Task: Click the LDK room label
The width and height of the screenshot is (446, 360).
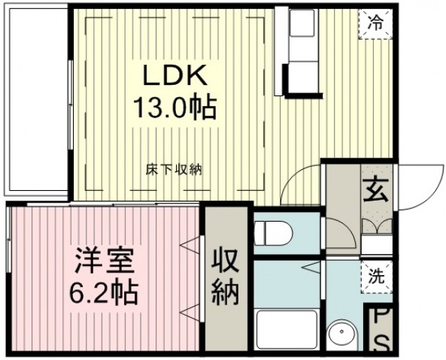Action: [x=175, y=75]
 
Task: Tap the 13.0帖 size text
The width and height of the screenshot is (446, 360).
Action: [x=175, y=107]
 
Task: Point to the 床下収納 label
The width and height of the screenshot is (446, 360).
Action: [x=174, y=170]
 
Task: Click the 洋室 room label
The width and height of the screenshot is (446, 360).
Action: [x=104, y=261]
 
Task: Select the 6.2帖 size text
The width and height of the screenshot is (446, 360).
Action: [x=104, y=292]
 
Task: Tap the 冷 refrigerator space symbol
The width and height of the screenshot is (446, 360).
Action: [x=375, y=24]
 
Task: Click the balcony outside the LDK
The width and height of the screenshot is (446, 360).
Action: [x=36, y=100]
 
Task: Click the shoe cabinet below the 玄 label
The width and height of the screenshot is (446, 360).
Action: [x=377, y=226]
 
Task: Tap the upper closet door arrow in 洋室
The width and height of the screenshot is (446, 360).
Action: [x=190, y=244]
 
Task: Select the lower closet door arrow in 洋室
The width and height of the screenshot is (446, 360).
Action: [x=190, y=313]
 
